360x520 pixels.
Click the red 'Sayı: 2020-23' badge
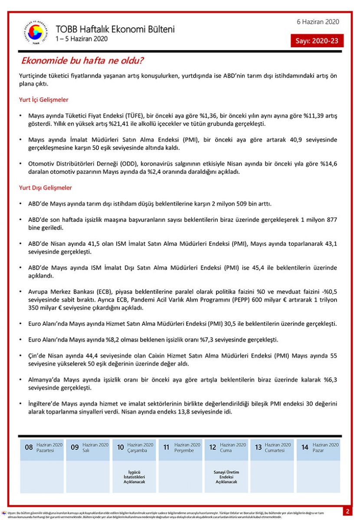(x=317, y=41)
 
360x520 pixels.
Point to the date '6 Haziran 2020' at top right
(x=318, y=22)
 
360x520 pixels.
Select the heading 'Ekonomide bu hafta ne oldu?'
(x=82, y=60)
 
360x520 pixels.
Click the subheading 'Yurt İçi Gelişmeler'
(x=44, y=100)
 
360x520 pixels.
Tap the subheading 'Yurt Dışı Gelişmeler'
(x=46, y=188)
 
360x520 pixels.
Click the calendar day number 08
(x=29, y=447)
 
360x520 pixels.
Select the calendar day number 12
(x=213, y=447)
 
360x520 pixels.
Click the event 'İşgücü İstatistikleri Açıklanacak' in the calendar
(x=134, y=477)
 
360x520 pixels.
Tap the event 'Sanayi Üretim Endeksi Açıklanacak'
(x=226, y=477)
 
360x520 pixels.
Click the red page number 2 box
(x=347, y=511)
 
